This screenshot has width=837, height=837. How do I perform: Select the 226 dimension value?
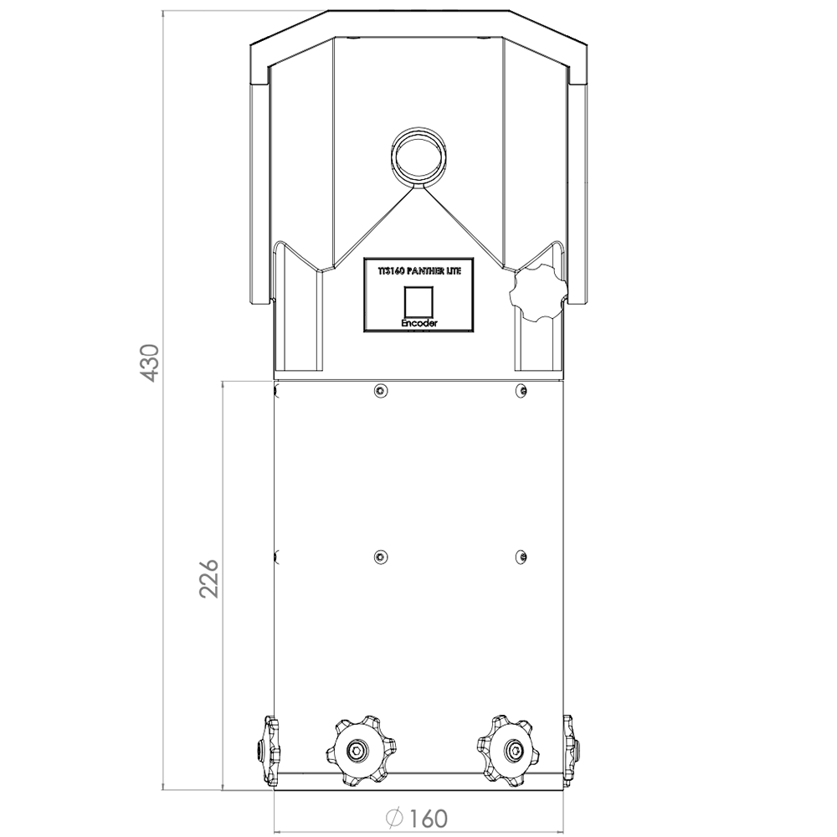point(208,578)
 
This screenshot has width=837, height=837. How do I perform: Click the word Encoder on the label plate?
point(419,323)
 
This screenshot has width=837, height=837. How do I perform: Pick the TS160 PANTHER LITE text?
point(419,271)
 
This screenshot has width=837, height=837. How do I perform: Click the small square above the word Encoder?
point(419,302)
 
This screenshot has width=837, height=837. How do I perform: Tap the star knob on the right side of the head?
point(537,292)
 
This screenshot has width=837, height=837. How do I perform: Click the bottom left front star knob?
point(357,751)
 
